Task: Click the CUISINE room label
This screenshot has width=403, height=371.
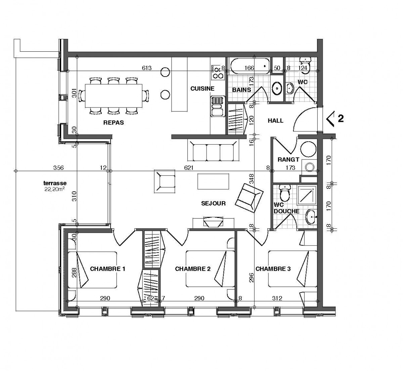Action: point(202,89)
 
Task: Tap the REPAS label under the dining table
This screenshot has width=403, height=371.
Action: point(114,123)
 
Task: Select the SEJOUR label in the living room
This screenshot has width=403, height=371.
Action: point(213,203)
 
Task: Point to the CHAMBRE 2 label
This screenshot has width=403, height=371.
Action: point(193,269)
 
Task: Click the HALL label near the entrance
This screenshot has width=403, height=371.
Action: point(275,121)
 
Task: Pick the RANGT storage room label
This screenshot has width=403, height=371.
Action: point(288,159)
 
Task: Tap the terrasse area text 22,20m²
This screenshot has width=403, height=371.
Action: point(54,189)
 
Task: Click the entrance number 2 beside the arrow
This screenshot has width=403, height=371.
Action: point(341,119)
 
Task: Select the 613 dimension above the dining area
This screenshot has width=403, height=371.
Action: point(147,68)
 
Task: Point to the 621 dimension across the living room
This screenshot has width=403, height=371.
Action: point(189,168)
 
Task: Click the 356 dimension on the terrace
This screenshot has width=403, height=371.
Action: point(58,168)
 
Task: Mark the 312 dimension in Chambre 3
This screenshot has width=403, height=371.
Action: point(277,298)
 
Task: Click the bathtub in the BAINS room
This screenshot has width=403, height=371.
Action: point(250,66)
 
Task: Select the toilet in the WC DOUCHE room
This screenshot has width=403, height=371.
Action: point(285,193)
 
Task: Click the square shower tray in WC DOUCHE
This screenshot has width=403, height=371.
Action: point(307,195)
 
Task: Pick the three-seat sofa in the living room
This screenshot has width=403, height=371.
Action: point(213,151)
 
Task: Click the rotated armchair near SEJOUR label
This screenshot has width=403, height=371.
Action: point(249,198)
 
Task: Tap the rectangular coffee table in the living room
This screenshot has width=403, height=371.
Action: point(213,181)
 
